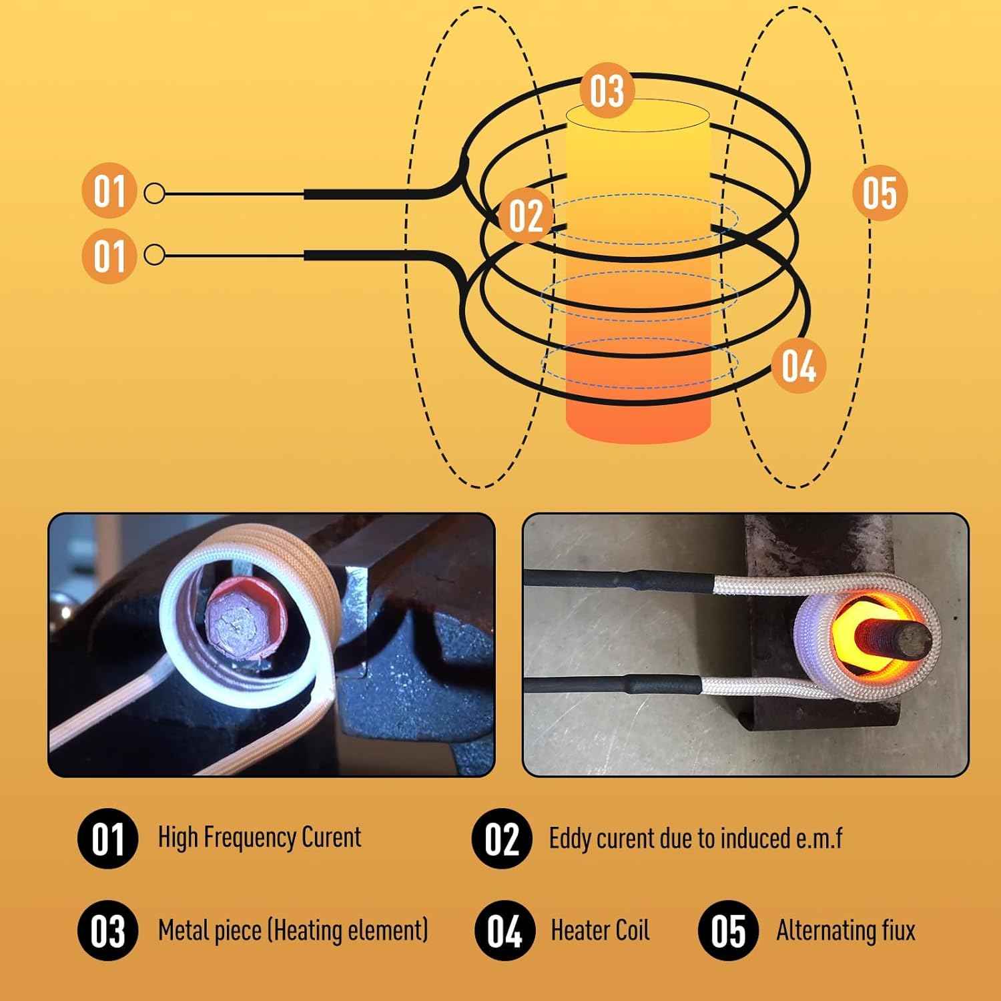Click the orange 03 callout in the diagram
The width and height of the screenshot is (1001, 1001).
606,90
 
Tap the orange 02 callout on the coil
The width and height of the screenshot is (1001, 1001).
526,215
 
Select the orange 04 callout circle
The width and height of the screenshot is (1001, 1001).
798,366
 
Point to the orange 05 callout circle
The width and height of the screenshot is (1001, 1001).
880,192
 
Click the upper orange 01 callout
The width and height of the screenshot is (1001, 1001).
109,192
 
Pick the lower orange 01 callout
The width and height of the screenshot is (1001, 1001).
109,256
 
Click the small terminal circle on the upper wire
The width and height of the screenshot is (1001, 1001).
154,194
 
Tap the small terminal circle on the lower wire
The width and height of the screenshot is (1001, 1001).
154,255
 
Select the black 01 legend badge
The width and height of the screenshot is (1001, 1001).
107,838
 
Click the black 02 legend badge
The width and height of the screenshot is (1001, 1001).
501,838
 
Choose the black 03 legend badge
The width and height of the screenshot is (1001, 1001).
107,931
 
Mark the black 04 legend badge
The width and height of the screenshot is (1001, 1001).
505,931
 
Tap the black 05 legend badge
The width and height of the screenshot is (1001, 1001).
728,931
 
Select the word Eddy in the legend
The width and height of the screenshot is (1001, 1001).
569,839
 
